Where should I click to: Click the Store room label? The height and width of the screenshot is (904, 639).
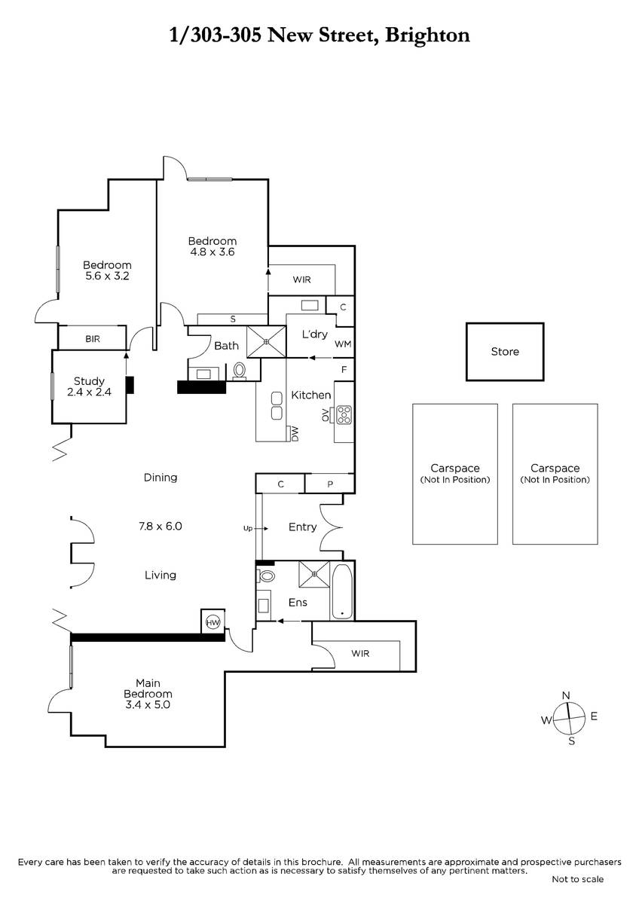[505, 352]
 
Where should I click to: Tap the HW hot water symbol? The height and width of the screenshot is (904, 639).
[212, 622]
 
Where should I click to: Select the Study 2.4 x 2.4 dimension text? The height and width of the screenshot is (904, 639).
[89, 392]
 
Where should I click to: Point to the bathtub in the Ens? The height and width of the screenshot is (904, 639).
[341, 591]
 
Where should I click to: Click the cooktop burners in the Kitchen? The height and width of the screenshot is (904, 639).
[344, 414]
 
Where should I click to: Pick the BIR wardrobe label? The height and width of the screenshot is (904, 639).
[93, 339]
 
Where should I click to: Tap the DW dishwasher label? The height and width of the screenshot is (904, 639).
[295, 434]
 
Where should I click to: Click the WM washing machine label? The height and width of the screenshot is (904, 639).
[343, 344]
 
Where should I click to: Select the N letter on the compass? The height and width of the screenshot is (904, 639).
[566, 695]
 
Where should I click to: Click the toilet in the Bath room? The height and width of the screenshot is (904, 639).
[240, 371]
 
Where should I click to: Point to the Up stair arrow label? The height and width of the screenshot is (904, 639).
[247, 528]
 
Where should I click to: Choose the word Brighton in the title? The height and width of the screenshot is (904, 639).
[427, 36]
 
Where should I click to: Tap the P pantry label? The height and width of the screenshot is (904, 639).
[330, 484]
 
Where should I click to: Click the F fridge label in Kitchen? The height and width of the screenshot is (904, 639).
[344, 369]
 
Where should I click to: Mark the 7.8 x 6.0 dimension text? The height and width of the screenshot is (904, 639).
[161, 527]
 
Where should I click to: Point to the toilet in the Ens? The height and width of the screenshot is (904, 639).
[265, 576]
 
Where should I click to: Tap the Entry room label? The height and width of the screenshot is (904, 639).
[302, 527]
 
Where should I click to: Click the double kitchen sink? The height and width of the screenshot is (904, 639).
[277, 405]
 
